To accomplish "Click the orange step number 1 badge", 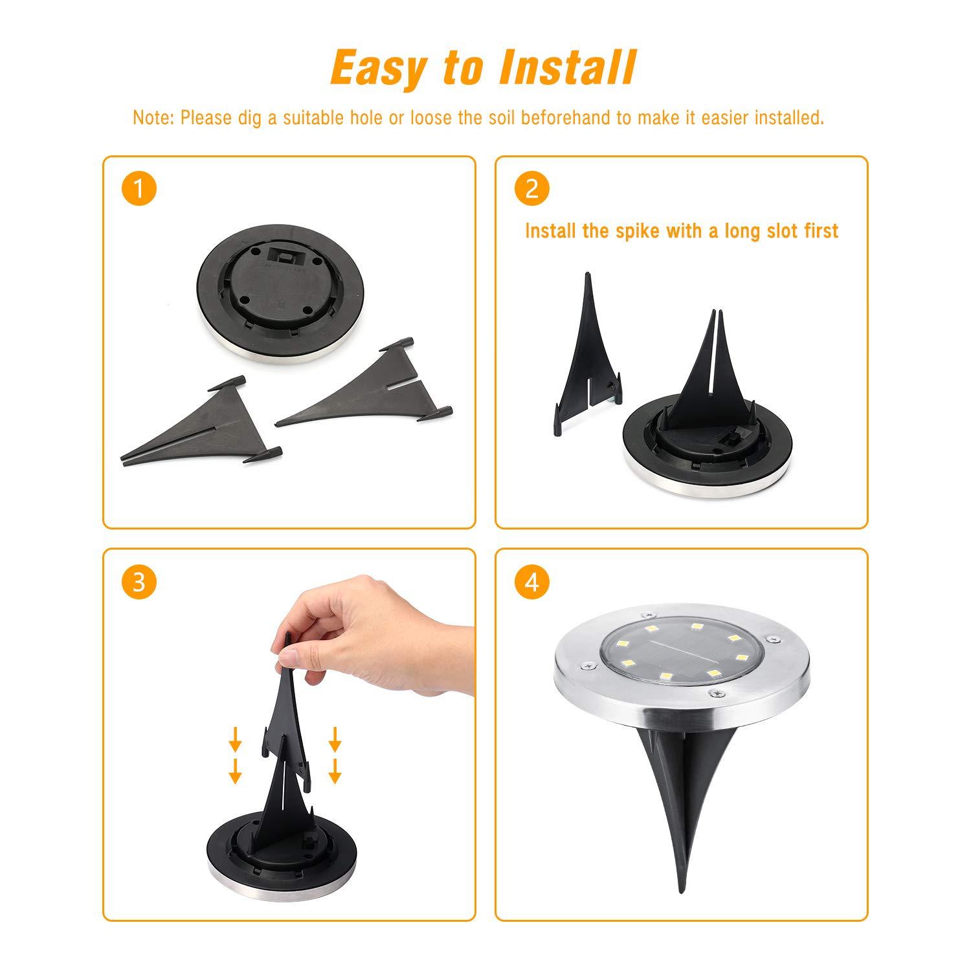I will [139, 189].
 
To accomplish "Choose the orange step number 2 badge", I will [531, 189].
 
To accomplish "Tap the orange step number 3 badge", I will [139, 582].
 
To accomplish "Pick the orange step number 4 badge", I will [531, 582].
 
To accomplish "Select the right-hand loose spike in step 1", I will [363, 392].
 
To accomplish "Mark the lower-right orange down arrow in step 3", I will [335, 770].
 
